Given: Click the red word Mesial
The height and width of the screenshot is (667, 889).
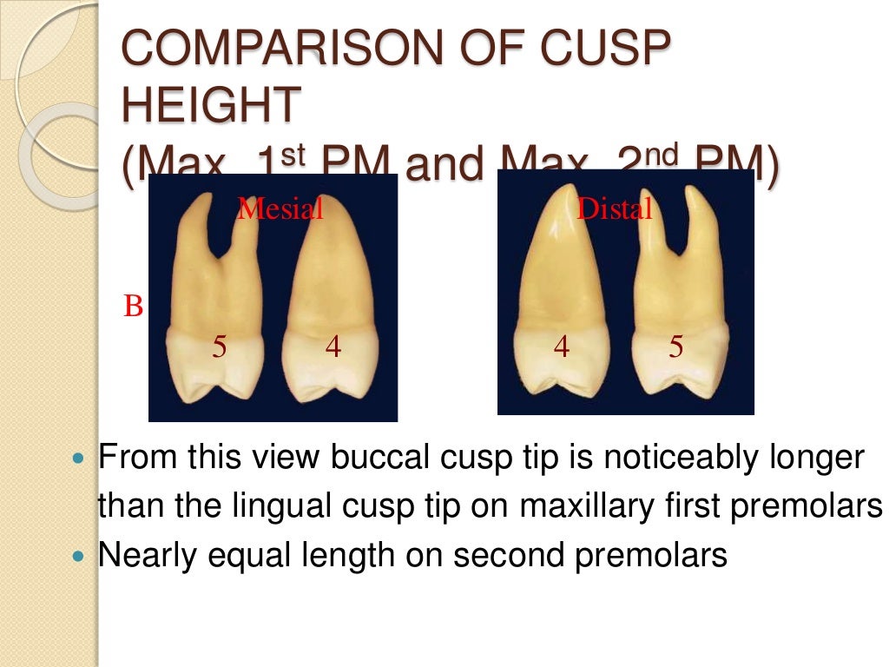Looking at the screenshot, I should click(x=280, y=208).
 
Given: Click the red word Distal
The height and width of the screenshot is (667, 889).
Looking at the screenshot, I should click(x=615, y=208).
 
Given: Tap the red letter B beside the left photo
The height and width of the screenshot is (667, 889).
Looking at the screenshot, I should click(x=133, y=307).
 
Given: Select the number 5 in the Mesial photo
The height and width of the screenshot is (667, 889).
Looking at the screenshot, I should click(x=220, y=347).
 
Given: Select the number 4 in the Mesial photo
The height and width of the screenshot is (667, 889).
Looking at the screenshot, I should click(x=333, y=347).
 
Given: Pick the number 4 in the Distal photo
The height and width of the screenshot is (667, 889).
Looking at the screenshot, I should click(x=562, y=347).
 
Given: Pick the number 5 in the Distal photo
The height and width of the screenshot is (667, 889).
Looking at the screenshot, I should click(x=676, y=347).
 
